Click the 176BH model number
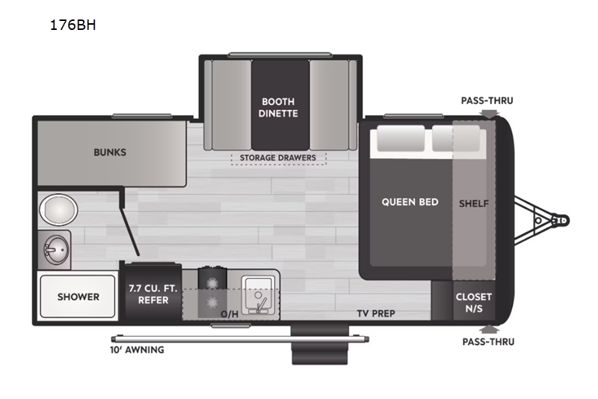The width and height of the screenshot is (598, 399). click(73, 25)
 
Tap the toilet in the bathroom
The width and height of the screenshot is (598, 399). click(58, 210)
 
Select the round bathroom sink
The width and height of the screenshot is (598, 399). click(56, 250)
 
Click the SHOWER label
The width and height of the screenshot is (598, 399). click(78, 296)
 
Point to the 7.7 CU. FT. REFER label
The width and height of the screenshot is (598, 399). click(153, 294)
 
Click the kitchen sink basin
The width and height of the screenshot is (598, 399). click(258, 295)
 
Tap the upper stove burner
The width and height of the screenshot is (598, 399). click(212, 283)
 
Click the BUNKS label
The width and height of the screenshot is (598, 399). click(110, 153)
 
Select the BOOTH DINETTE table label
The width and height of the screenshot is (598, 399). click(278, 107)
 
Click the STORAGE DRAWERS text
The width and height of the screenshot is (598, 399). click(278, 158)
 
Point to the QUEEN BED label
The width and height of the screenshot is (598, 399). click(410, 202)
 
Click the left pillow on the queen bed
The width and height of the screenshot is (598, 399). click(401, 138)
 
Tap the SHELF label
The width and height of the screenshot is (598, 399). click(474, 204)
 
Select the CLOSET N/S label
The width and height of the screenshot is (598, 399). click(474, 302)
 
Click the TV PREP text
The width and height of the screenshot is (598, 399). click(376, 314)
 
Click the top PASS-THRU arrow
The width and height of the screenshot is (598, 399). click(490, 114)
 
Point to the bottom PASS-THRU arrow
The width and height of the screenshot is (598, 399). click(490, 329)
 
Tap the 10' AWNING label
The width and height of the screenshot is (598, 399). click(137, 350)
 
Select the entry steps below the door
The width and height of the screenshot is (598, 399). click(320, 345)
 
